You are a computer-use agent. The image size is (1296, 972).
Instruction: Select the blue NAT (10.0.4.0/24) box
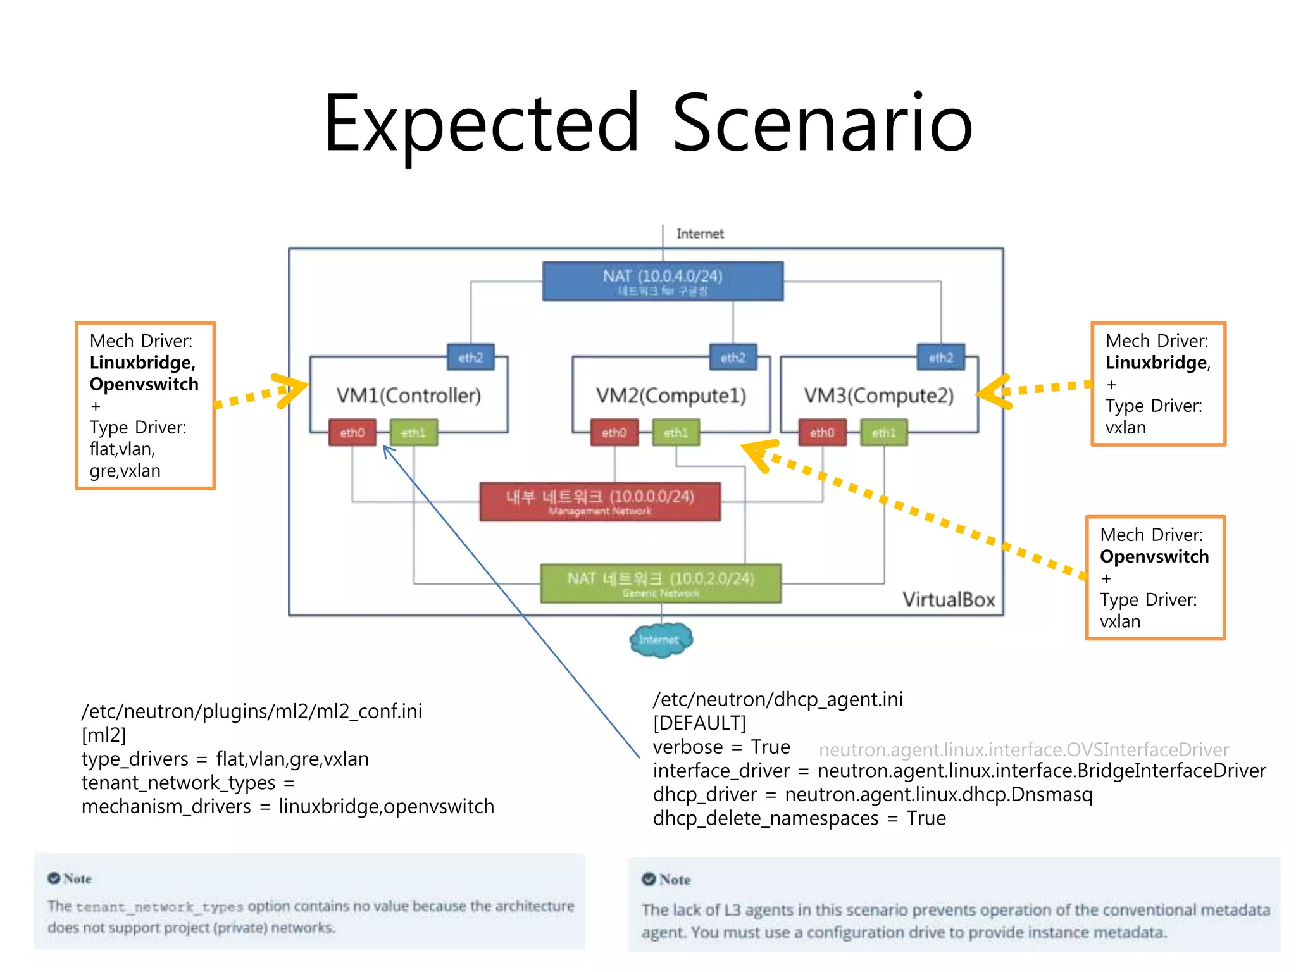point(663,281)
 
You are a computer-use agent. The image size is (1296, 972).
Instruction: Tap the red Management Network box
point(599,501)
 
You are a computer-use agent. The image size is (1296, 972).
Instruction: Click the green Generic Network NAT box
point(661,583)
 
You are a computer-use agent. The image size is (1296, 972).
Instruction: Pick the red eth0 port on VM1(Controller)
point(352,433)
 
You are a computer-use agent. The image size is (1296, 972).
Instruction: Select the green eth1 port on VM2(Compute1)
point(676,433)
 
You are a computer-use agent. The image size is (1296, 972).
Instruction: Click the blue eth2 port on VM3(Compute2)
point(940,358)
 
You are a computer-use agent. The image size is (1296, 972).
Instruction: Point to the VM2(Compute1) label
point(671,396)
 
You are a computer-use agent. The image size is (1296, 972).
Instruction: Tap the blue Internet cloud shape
point(661,640)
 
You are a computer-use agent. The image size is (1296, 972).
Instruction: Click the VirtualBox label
point(948,599)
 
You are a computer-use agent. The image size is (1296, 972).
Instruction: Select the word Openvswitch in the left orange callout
point(144,384)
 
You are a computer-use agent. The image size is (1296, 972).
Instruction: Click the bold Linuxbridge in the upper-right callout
point(1156,363)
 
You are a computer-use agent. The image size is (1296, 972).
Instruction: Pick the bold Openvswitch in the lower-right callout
point(1154,556)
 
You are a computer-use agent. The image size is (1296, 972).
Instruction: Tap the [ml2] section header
point(104,735)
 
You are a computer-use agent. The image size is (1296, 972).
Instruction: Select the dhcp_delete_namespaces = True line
point(799,818)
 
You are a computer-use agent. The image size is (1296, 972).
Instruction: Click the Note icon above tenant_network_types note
point(54,878)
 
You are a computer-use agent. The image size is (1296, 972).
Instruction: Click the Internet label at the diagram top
point(699,234)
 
